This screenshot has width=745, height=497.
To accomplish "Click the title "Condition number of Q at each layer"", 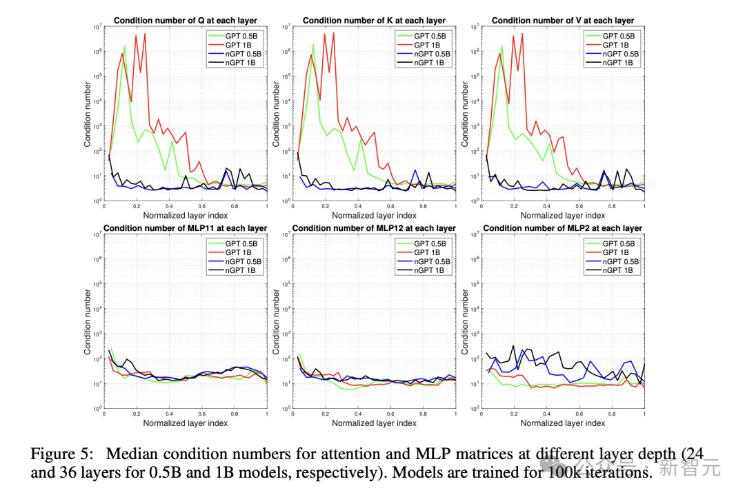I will (x=185, y=21).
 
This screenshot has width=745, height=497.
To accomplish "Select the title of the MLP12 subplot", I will (x=374, y=228).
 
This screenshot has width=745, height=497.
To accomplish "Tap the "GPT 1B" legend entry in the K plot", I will (x=430, y=45).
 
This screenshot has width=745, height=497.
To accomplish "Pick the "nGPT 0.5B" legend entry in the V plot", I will (x=620, y=54).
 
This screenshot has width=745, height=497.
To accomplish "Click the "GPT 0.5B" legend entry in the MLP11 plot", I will (x=241, y=243).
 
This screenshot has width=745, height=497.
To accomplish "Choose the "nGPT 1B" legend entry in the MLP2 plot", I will (x=619, y=270).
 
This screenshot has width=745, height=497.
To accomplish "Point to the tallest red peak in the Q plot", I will (x=145, y=34).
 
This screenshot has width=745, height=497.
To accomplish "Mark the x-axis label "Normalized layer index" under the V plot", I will (x=563, y=216).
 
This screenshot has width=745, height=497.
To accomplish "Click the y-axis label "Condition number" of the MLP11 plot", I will (x=88, y=322).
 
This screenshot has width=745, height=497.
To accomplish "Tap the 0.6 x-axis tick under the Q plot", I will (x=202, y=206).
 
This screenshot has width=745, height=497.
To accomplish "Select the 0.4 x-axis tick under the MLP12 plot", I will (x=358, y=414).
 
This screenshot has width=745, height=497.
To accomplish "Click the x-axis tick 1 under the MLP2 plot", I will (x=644, y=414).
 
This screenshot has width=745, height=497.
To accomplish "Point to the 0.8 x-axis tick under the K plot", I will (x=423, y=206).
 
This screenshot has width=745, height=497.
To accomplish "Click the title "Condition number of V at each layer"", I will (x=562, y=21).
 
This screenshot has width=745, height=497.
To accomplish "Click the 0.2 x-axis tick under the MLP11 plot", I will (x=137, y=414).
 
